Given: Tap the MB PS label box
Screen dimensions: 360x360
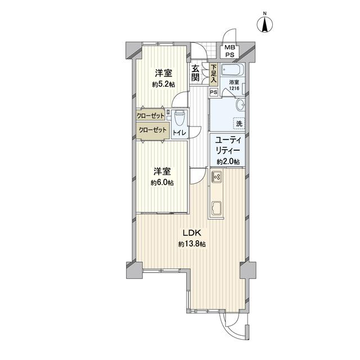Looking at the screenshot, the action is click(x=229, y=51).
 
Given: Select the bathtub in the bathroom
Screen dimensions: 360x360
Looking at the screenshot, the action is click(x=231, y=69).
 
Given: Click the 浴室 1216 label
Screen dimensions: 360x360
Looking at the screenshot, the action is click(x=234, y=85).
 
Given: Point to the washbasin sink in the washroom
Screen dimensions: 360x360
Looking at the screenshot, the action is click(x=241, y=106).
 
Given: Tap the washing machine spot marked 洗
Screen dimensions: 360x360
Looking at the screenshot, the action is click(x=239, y=124).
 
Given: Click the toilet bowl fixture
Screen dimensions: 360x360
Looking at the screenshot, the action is click(x=179, y=119).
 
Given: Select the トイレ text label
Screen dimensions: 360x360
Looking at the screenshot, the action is click(x=181, y=133).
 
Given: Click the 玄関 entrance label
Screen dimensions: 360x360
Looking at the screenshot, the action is click(x=195, y=73).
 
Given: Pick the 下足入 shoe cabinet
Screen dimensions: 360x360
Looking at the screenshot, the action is click(x=214, y=74).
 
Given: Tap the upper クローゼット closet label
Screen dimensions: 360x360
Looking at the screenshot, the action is click(x=150, y=115).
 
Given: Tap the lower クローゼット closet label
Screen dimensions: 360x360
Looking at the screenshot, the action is click(x=152, y=130).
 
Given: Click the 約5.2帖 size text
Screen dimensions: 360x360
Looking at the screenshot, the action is click(x=164, y=84).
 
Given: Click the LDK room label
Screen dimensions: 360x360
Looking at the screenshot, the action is click(x=192, y=233).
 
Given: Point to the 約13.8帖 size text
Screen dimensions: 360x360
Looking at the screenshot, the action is click(x=192, y=244).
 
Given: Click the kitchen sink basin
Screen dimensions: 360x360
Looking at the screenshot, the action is click(x=216, y=208).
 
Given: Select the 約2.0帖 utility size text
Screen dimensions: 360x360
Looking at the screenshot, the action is click(x=228, y=162).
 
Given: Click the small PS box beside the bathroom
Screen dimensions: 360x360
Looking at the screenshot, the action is click(x=214, y=92).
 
